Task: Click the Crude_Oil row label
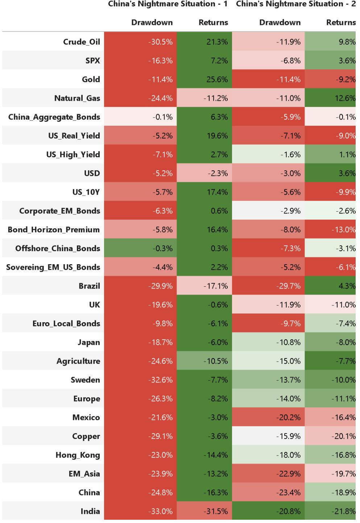coord(82,42)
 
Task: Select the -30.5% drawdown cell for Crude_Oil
coord(160,42)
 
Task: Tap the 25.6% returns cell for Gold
coord(217,79)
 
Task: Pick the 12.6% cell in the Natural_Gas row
coord(347,98)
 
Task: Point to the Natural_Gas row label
coord(77,98)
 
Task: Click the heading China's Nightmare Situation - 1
coord(168,4)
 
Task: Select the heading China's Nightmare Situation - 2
coord(295,4)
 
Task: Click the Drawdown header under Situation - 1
coord(152,22)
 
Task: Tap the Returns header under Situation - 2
coord(341,22)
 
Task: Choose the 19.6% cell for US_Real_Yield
coord(217,136)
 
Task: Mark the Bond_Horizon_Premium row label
coord(54,229)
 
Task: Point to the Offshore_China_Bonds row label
coord(58,248)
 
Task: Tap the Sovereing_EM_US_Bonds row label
coord(53,267)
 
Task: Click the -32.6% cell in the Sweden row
coord(160,380)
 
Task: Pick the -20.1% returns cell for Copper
coord(343,436)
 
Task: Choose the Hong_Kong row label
coord(78,455)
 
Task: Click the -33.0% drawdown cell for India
coord(160,511)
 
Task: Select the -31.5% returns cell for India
coord(216,511)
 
